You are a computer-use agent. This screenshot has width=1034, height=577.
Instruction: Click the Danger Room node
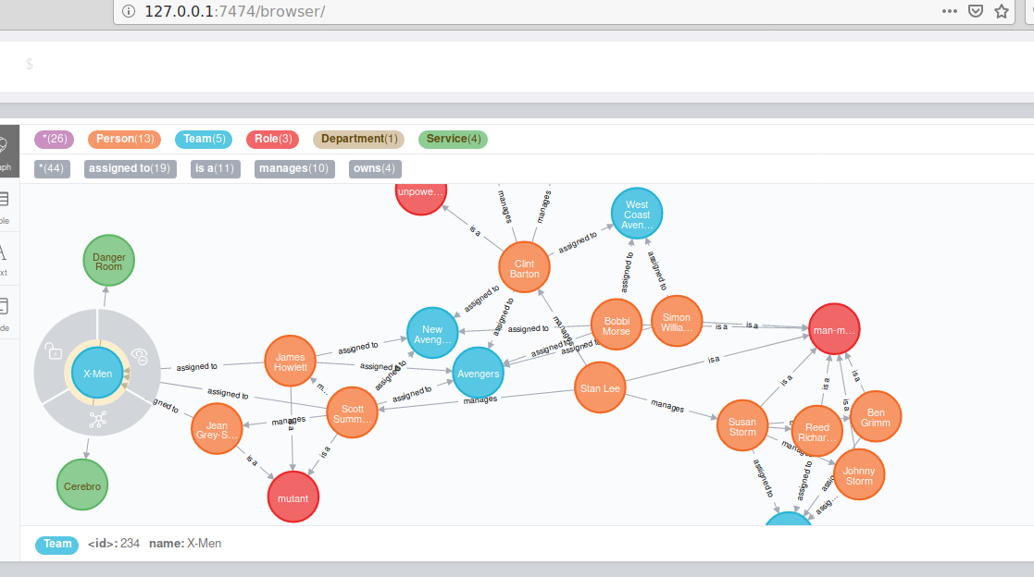[109, 261]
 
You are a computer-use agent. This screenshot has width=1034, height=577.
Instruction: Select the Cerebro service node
[82, 484]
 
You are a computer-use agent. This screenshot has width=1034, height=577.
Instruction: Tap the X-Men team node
[97, 373]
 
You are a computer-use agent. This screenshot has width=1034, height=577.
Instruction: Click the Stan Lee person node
[600, 388]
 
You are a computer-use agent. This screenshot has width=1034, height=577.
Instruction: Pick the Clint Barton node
[525, 268]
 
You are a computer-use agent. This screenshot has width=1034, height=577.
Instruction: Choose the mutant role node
[293, 497]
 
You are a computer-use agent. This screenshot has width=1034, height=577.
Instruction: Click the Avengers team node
[478, 374]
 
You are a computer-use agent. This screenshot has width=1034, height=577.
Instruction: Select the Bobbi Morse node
[616, 325]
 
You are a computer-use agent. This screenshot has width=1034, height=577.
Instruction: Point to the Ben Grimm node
[876, 417]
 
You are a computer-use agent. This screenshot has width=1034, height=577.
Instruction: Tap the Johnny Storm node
[859, 475]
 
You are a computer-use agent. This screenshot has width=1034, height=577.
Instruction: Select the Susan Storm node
[742, 426]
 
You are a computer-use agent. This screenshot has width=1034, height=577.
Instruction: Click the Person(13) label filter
[124, 139]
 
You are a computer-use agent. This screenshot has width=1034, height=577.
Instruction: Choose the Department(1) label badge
[359, 139]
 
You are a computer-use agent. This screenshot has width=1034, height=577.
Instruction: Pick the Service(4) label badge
[453, 139]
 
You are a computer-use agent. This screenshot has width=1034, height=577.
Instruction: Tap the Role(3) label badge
[272, 139]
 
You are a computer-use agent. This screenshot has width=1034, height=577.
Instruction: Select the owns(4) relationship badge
[375, 168]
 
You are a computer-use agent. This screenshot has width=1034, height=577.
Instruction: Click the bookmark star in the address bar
[1001, 11]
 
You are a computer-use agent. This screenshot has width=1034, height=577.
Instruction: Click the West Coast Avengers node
[637, 215]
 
